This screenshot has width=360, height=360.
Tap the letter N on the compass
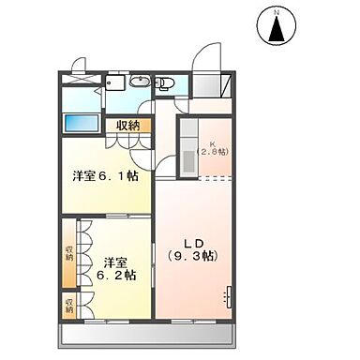point(277,11)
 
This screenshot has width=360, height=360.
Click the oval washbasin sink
point(137,82)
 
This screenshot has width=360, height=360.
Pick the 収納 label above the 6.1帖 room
point(128,124)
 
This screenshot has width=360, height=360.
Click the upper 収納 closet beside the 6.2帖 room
point(69,254)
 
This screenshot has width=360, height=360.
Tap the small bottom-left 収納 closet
point(69,305)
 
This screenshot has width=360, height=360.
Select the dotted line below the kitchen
point(204,177)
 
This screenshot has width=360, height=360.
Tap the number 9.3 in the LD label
point(194,254)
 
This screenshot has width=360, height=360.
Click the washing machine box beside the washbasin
point(115,84)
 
